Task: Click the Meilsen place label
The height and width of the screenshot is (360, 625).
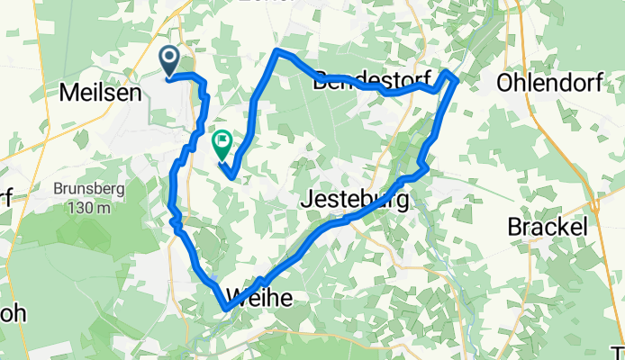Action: pyautogui.click(x=99, y=91)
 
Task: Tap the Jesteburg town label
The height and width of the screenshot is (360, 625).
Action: pyautogui.click(x=354, y=200)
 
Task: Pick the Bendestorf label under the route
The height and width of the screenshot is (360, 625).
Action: pyautogui.click(x=358, y=82)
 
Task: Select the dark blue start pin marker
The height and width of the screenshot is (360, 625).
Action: pyautogui.click(x=169, y=61)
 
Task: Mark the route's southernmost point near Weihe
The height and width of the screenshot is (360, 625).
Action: pyautogui.click(x=225, y=310)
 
